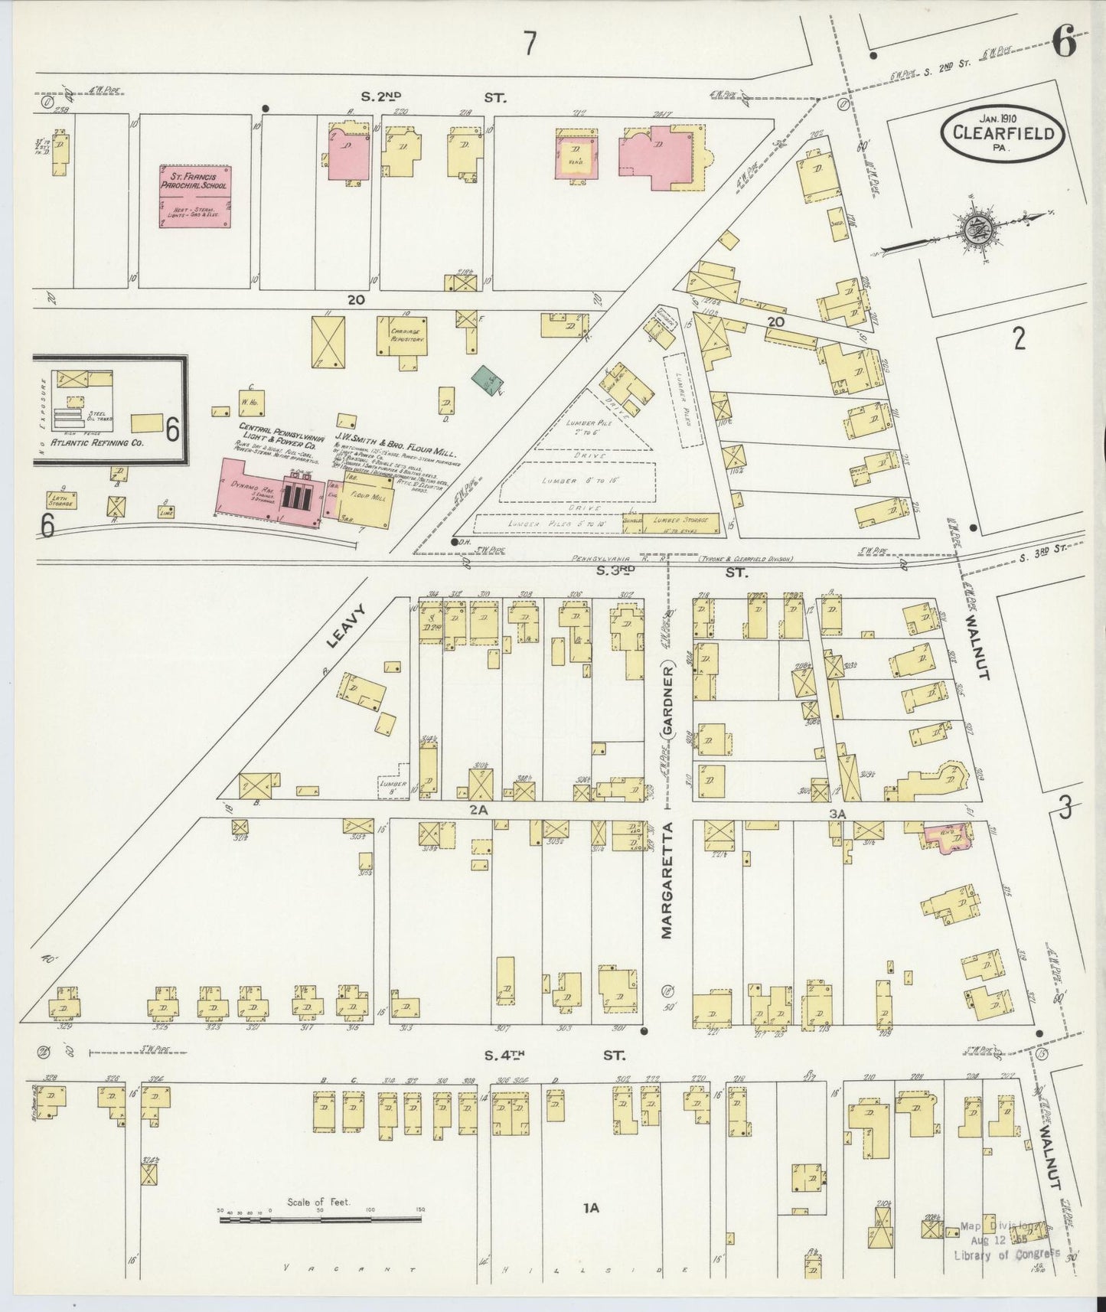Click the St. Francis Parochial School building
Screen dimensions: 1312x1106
[x=196, y=196]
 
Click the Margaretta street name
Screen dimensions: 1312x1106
[x=667, y=880]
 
